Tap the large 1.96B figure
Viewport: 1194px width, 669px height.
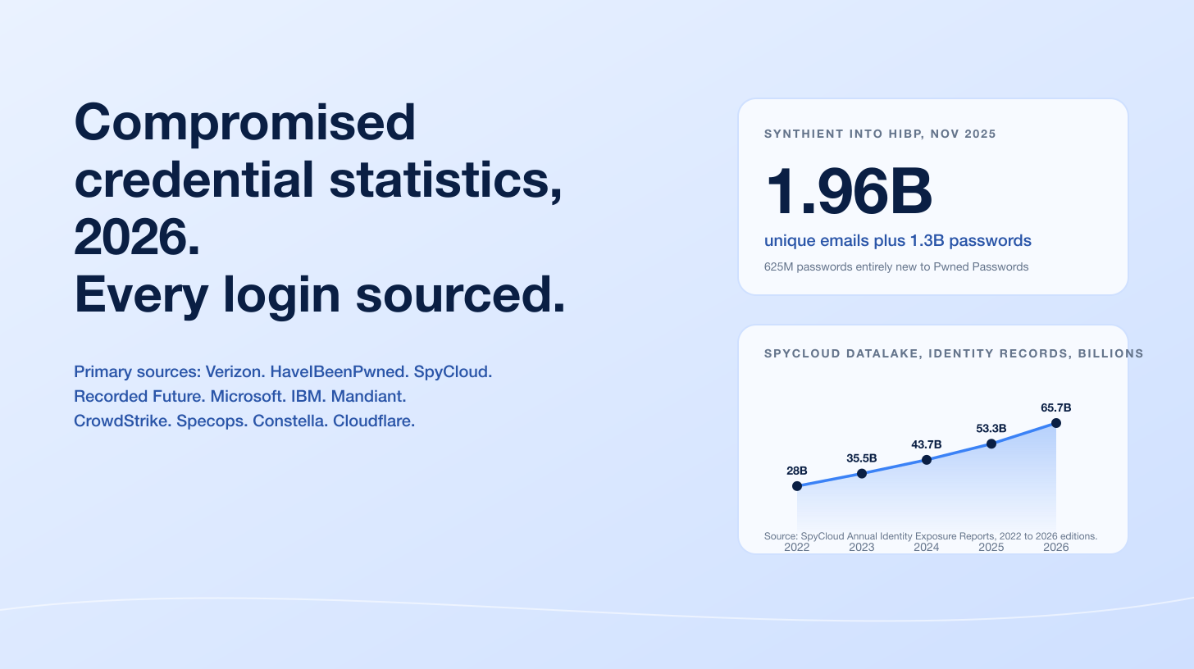(849, 192)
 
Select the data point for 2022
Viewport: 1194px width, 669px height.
(797, 486)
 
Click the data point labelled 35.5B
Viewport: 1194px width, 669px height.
(862, 473)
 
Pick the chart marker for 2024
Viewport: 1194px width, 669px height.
(927, 460)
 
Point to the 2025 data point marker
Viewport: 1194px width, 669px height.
(991, 444)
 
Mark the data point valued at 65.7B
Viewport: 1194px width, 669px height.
(1056, 423)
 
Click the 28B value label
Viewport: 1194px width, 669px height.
(797, 471)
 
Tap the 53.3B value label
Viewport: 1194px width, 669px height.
(991, 428)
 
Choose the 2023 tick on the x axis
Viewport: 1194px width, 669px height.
(862, 547)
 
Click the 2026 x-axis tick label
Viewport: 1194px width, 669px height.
(1056, 547)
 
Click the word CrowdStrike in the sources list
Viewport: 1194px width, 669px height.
(121, 421)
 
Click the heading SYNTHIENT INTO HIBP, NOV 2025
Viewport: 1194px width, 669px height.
(880, 134)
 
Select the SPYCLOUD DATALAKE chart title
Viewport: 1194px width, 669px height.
(954, 353)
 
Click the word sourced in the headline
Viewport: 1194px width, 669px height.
(461, 295)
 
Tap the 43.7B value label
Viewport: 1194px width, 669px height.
(927, 444)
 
